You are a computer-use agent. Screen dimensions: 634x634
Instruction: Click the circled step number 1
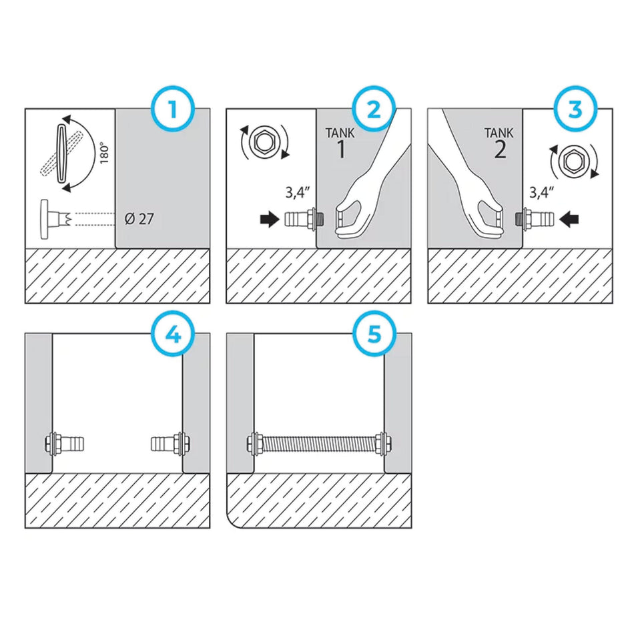[x=173, y=108]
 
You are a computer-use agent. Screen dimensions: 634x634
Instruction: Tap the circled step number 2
[x=375, y=108]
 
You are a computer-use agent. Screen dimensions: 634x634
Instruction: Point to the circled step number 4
[x=173, y=334]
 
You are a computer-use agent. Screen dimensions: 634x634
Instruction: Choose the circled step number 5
[x=375, y=334]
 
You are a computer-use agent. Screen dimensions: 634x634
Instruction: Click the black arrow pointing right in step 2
[x=268, y=219]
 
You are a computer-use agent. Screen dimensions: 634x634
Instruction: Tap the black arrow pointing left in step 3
[x=571, y=218]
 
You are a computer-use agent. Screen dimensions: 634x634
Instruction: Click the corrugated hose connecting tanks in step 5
[x=319, y=442]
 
